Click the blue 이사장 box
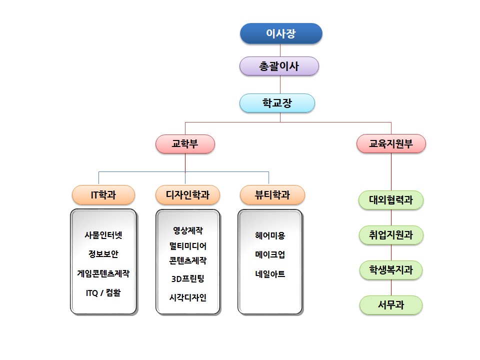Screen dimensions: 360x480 [x=281, y=33]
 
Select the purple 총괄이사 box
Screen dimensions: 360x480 [x=279, y=66]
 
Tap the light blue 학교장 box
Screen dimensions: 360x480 [x=277, y=103]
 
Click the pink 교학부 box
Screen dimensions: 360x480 [x=185, y=144]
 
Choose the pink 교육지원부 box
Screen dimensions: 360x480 [x=391, y=144]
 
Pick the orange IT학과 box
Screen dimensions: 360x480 [x=103, y=195]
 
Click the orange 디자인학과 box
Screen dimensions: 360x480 [x=187, y=195]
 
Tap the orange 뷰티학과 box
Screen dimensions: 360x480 [x=272, y=195]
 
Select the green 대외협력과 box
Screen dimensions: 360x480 [x=391, y=200]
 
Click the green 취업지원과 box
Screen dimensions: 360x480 [x=391, y=235]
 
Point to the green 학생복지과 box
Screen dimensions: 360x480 [x=391, y=270]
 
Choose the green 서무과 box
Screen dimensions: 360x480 [x=391, y=304]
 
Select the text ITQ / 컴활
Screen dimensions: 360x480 [x=103, y=293]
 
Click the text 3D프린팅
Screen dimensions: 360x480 [x=187, y=278]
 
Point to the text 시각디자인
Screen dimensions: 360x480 [x=187, y=297]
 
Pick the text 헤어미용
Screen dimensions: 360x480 [x=270, y=235]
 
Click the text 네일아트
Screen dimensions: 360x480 [x=270, y=274]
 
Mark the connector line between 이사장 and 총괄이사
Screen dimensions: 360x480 [x=280, y=50]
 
